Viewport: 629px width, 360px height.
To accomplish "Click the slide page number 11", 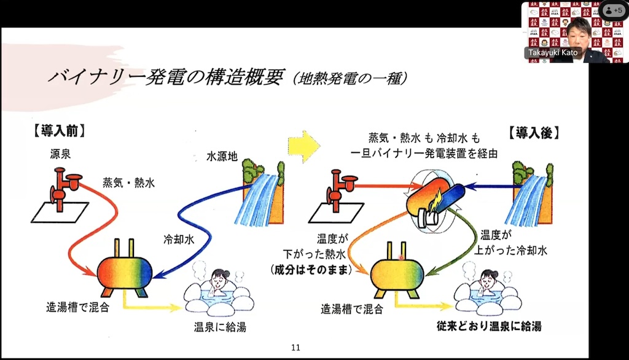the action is point(295,348).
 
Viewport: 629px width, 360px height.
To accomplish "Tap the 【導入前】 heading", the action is point(60,131).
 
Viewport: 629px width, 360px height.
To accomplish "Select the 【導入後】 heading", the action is point(534,133).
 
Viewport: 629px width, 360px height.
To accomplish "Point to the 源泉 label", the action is point(61,154).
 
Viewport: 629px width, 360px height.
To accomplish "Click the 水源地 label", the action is point(222,156).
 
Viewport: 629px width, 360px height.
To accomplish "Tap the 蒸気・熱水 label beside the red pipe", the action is point(129,182).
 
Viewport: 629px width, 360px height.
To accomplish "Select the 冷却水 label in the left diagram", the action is point(179,240).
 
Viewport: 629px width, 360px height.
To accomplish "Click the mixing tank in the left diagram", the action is point(125,269).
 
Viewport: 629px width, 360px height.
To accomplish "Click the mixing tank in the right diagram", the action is point(397,270).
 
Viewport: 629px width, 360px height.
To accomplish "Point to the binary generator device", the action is point(435,201).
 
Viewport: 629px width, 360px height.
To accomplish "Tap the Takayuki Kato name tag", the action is point(553,53).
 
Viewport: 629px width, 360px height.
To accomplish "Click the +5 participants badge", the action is point(614,10).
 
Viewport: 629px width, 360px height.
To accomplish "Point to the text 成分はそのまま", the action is point(311,270).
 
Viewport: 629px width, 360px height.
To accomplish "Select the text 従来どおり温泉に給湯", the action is point(490,326).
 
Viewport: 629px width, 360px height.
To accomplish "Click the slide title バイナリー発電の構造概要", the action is point(165,77).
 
